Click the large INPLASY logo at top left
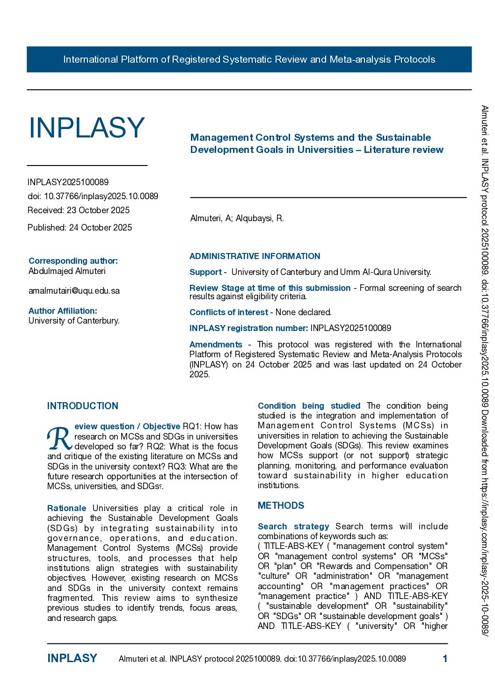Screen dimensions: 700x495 pyautogui.click(x=87, y=128)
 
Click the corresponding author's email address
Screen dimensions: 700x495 pyautogui.click(x=74, y=291)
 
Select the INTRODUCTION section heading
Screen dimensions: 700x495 pyautogui.click(x=83, y=406)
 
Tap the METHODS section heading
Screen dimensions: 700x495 pyautogui.click(x=281, y=505)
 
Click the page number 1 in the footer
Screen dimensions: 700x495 pyautogui.click(x=445, y=659)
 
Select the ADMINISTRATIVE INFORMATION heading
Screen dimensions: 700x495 pyautogui.click(x=255, y=256)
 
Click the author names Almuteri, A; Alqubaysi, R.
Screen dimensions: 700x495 pyautogui.click(x=237, y=218)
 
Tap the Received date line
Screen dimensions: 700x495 pyautogui.click(x=79, y=210)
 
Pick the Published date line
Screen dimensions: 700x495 pyautogui.click(x=80, y=228)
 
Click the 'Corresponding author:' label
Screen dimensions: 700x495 pyautogui.click(x=73, y=261)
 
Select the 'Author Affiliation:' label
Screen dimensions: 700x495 pyautogui.click(x=63, y=311)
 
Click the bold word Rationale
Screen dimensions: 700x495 pyautogui.click(x=66, y=508)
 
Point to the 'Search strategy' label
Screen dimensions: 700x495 pyautogui.click(x=293, y=527)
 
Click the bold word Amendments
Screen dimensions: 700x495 pyautogui.click(x=216, y=345)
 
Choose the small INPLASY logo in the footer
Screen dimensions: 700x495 pyautogui.click(x=72, y=658)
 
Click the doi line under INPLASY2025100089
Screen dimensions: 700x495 pyautogui.click(x=93, y=196)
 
